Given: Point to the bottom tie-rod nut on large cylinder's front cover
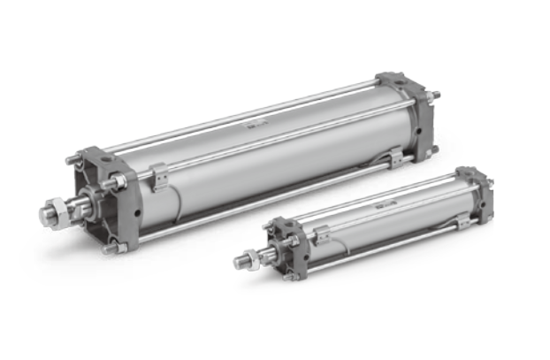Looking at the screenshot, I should click(x=109, y=249).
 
